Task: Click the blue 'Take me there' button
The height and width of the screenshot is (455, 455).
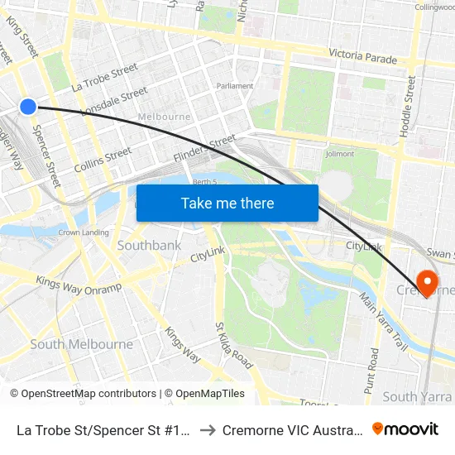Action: (227, 203)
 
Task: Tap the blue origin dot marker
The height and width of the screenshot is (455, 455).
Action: (28, 106)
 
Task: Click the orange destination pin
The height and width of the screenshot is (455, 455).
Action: (428, 283)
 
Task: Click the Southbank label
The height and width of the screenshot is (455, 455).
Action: (149, 246)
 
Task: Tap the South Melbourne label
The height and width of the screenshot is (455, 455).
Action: (81, 345)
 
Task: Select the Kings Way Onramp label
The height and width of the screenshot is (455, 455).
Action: (79, 285)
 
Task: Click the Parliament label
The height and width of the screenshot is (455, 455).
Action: (234, 86)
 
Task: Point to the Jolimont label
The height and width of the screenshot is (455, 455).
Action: (339, 154)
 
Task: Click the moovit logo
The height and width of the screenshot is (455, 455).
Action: (405, 429)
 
